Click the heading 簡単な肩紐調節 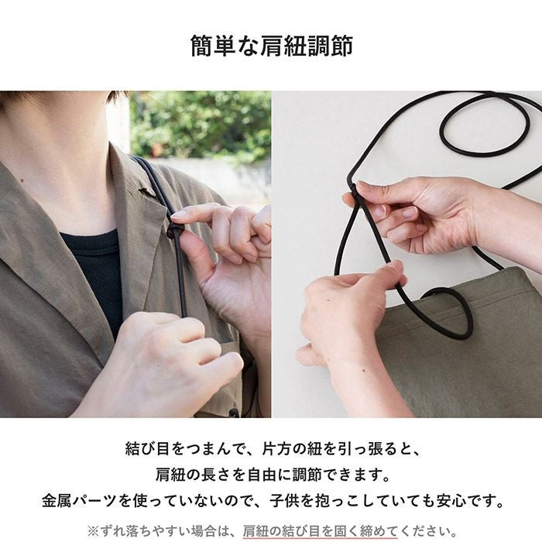[271, 46]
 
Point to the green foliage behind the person [201, 124]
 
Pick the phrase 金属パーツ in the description [81, 500]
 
